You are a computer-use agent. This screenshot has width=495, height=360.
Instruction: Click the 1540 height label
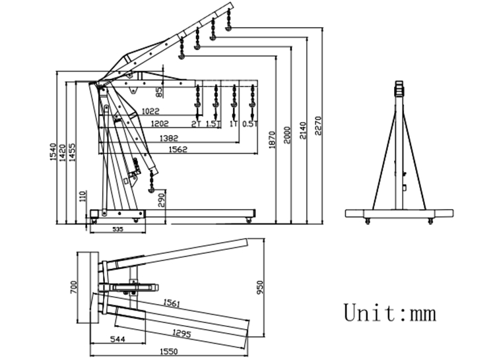pyautogui.click(x=52, y=152)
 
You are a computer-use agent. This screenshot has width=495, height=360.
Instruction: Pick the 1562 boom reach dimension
pyautogui.click(x=178, y=150)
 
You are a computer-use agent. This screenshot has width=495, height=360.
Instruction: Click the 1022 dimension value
pyautogui.click(x=152, y=112)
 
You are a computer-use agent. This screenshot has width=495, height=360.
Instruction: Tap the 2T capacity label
pyautogui.click(x=195, y=123)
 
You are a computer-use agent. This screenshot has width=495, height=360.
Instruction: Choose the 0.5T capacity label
pyautogui.click(x=249, y=123)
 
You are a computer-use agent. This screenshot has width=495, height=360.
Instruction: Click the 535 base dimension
pyautogui.click(x=117, y=229)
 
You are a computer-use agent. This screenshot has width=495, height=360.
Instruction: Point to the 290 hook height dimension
pyautogui.click(x=162, y=198)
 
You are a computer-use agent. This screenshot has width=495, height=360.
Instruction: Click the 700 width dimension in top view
pyautogui.click(x=74, y=287)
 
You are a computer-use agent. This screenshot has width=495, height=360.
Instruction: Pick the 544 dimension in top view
pyautogui.click(x=117, y=339)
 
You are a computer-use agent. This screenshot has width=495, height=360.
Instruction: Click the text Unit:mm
pyautogui.click(x=389, y=311)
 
